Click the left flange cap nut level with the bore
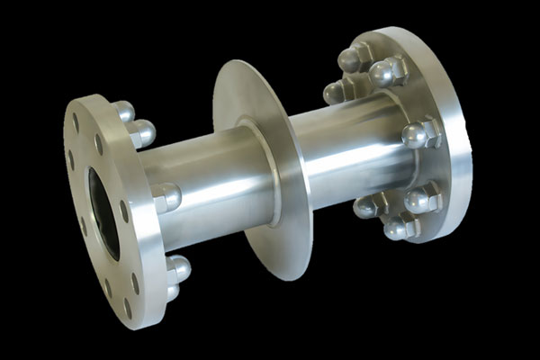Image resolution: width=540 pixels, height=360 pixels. coord(167,197)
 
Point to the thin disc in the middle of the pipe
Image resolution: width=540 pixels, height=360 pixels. coord(260,171)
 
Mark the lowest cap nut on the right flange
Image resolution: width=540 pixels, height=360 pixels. coord(397,229)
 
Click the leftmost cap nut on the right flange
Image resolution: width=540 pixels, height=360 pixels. coord(335,92)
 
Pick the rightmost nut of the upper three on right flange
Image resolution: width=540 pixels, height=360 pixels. coord(387,72)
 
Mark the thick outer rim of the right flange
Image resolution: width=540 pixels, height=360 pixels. coord(454,135)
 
